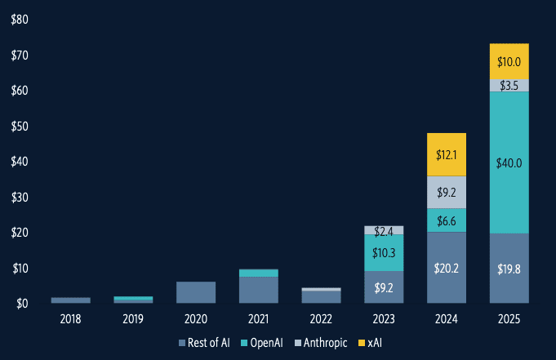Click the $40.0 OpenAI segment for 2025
tap(508, 162)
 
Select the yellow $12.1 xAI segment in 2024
tap(446, 154)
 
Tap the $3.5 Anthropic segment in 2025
tap(508, 85)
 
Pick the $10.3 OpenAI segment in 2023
tap(383, 253)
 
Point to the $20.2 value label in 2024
tap(446, 267)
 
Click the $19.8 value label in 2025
tap(508, 269)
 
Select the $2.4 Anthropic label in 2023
tap(383, 231)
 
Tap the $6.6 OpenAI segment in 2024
tap(446, 220)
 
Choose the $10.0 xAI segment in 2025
tap(508, 61)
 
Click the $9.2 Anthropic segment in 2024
tap(446, 193)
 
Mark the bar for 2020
tap(196, 292)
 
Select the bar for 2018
tap(71, 300)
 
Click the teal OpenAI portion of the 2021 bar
tap(258, 273)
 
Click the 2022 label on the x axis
tap(321, 319)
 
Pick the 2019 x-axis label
tap(133, 319)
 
